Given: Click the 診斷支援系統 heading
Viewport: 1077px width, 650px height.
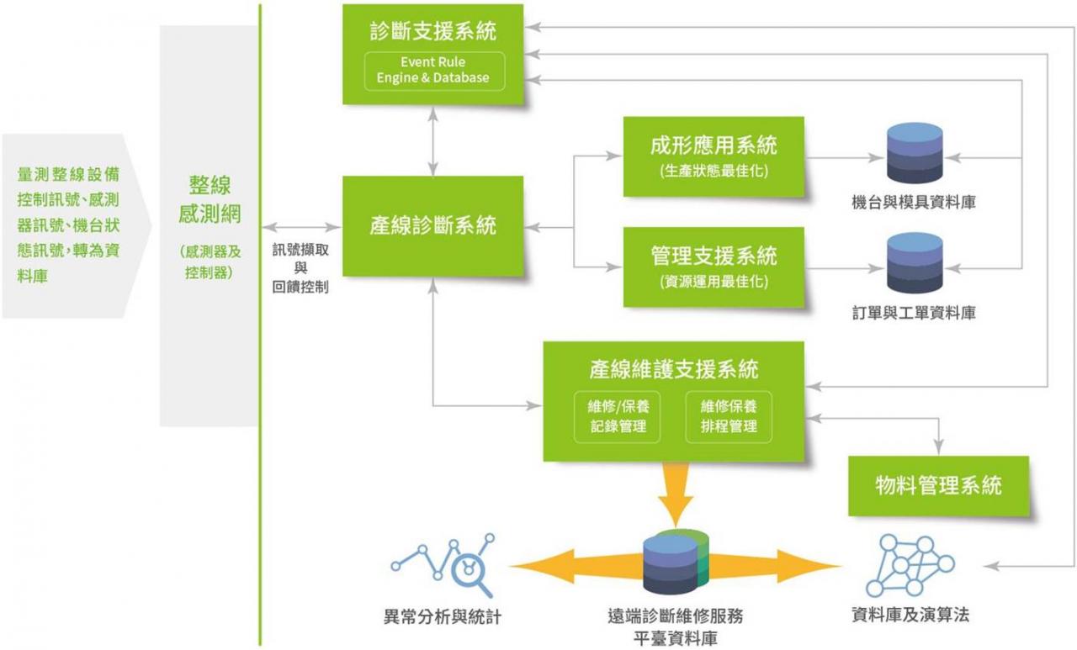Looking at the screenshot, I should point(433,32).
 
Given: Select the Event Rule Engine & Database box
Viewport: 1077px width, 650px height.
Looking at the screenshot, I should point(433,71).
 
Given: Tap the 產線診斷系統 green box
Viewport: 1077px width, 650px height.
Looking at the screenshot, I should point(433,225).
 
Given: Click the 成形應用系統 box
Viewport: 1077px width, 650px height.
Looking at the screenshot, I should point(714,156).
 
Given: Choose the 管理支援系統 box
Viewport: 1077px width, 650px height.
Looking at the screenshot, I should point(714,267).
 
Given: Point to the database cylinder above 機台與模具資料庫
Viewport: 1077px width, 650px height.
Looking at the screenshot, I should point(915,153).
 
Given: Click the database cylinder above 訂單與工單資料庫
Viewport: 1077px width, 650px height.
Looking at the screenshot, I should point(915,263).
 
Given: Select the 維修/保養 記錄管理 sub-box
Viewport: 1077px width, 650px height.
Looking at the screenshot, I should point(618,415).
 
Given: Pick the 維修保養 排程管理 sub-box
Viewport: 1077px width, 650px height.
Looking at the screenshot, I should point(729,415).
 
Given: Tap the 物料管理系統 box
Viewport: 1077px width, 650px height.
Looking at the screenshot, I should point(938,485).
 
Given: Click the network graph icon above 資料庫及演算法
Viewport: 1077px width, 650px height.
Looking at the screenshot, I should point(910,564).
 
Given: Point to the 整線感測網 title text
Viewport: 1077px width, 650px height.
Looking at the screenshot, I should point(210,199).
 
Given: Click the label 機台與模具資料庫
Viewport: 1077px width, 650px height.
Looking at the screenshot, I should point(914,203).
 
